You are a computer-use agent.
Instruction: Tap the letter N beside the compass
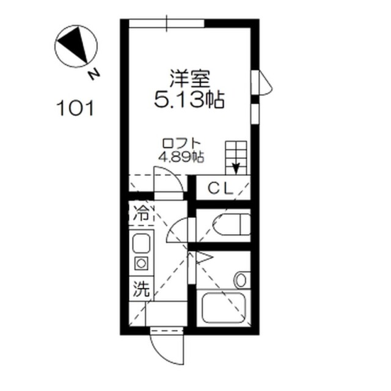point(94,75)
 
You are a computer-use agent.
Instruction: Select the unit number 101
point(75,108)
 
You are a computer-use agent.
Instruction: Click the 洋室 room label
point(190,79)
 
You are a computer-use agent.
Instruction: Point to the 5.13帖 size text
point(189,100)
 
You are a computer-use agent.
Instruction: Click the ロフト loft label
point(181,144)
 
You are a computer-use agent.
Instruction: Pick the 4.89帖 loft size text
point(181,157)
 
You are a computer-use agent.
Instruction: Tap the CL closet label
point(221,188)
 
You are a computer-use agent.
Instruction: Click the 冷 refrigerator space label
point(141,214)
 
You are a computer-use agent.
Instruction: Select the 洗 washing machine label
point(141,289)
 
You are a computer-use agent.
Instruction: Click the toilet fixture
point(232,224)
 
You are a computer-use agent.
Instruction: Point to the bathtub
point(224,307)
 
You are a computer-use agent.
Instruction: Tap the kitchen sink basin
point(141,243)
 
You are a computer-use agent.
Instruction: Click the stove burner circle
point(141,263)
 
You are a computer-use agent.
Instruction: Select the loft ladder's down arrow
point(236,168)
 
